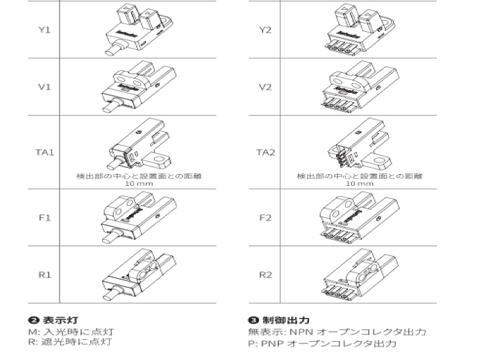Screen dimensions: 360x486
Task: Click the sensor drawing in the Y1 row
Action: (x=139, y=30)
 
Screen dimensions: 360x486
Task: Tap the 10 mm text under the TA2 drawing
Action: (x=359, y=184)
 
